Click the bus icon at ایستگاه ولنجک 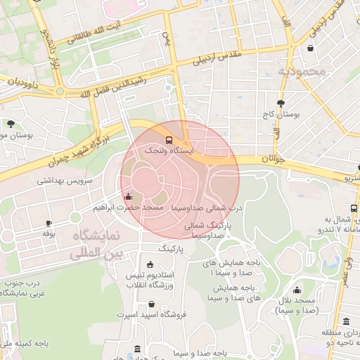168,139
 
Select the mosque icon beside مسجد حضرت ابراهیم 127,197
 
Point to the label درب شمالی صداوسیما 207,208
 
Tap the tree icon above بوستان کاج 281,103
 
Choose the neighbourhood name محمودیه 302,71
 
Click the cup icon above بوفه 48,223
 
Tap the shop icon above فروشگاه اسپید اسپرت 152,304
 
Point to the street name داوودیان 21,82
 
